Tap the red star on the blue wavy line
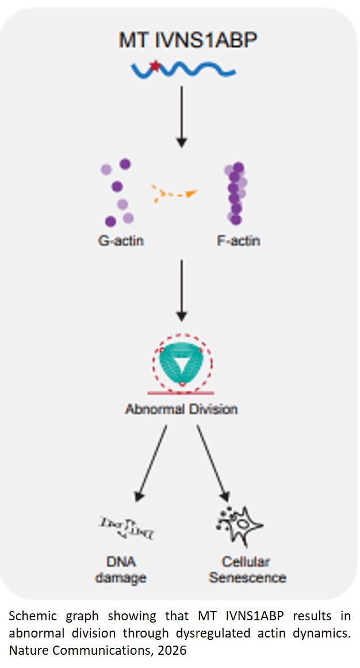155,66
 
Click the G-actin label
120,240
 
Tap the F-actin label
238,240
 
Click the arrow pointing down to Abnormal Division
182,290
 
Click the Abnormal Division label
182,409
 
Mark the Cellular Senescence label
247,569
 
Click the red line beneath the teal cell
182,393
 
